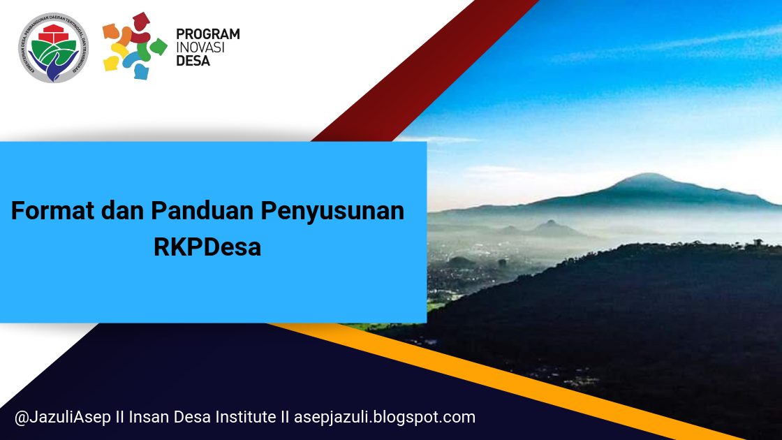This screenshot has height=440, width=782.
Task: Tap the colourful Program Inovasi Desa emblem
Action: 135,45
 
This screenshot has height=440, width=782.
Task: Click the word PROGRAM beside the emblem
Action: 207,34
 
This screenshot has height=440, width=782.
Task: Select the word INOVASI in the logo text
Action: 199,47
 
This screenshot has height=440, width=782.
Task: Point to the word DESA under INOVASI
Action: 193,61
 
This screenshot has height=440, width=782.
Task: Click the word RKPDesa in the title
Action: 207,247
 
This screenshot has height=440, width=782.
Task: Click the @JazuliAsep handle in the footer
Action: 57,418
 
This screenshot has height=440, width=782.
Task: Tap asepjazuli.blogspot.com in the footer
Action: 384,418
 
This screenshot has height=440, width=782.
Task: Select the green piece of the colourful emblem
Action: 158,47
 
